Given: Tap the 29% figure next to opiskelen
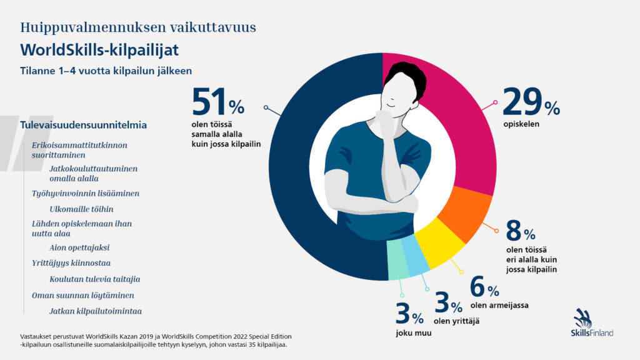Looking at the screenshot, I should pyautogui.click(x=531, y=102).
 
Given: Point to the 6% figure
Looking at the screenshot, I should pyautogui.click(x=484, y=288).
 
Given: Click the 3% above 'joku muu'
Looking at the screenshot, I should pyautogui.click(x=409, y=313).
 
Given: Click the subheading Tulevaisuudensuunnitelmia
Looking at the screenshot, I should pyautogui.click(x=84, y=124).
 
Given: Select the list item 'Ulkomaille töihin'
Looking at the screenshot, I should pyautogui.click(x=81, y=209).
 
